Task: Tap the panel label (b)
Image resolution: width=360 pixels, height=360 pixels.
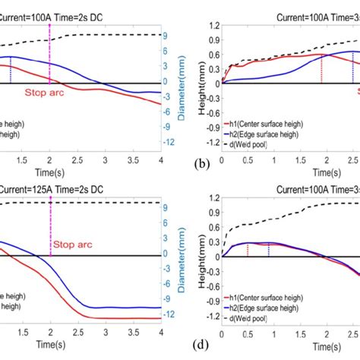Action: [x=201, y=163]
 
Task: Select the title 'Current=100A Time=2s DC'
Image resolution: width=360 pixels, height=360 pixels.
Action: [x=53, y=7]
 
